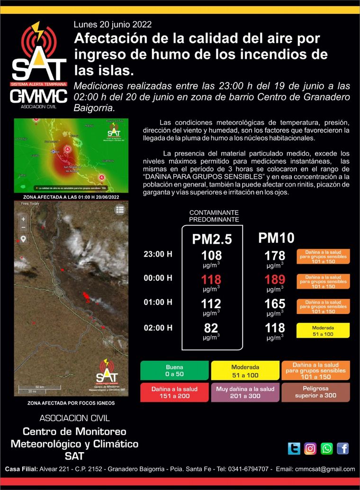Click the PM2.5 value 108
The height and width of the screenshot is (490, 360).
click(211, 256)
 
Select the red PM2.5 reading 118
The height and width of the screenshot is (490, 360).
click(211, 279)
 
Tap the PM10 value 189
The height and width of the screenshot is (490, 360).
click(275, 279)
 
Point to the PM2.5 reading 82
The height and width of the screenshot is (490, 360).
click(211, 328)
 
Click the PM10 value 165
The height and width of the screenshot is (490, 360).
click(275, 303)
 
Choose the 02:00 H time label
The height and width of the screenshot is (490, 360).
click(158, 328)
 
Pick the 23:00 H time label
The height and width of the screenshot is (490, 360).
click(158, 254)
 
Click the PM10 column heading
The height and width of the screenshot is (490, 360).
click(276, 238)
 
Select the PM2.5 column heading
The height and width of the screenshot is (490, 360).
click(212, 239)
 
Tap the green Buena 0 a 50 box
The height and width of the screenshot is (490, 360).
click(174, 371)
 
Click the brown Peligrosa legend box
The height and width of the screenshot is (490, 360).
click(315, 392)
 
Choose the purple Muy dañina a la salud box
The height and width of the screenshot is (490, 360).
click(245, 392)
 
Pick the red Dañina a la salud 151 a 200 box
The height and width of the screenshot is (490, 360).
click(174, 392)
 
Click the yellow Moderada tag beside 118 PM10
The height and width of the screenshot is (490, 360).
click(323, 330)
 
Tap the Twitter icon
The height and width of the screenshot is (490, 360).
click(294, 448)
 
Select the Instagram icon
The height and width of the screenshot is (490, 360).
click(310, 448)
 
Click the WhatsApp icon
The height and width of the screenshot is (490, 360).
click(326, 448)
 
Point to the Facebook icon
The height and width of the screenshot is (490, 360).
click(342, 448)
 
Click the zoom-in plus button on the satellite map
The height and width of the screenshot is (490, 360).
click(23, 219)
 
